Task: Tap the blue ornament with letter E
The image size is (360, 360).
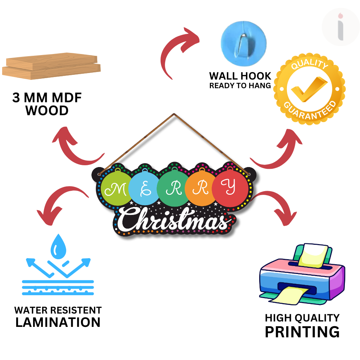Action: point(144,188)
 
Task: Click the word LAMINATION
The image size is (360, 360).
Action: point(58,322)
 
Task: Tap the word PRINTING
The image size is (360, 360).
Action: point(302,331)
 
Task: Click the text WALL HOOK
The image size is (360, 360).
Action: point(240,76)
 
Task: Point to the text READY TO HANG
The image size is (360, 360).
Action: point(240,86)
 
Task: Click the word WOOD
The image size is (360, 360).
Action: point(47,111)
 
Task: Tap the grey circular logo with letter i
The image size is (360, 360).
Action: point(340,28)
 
